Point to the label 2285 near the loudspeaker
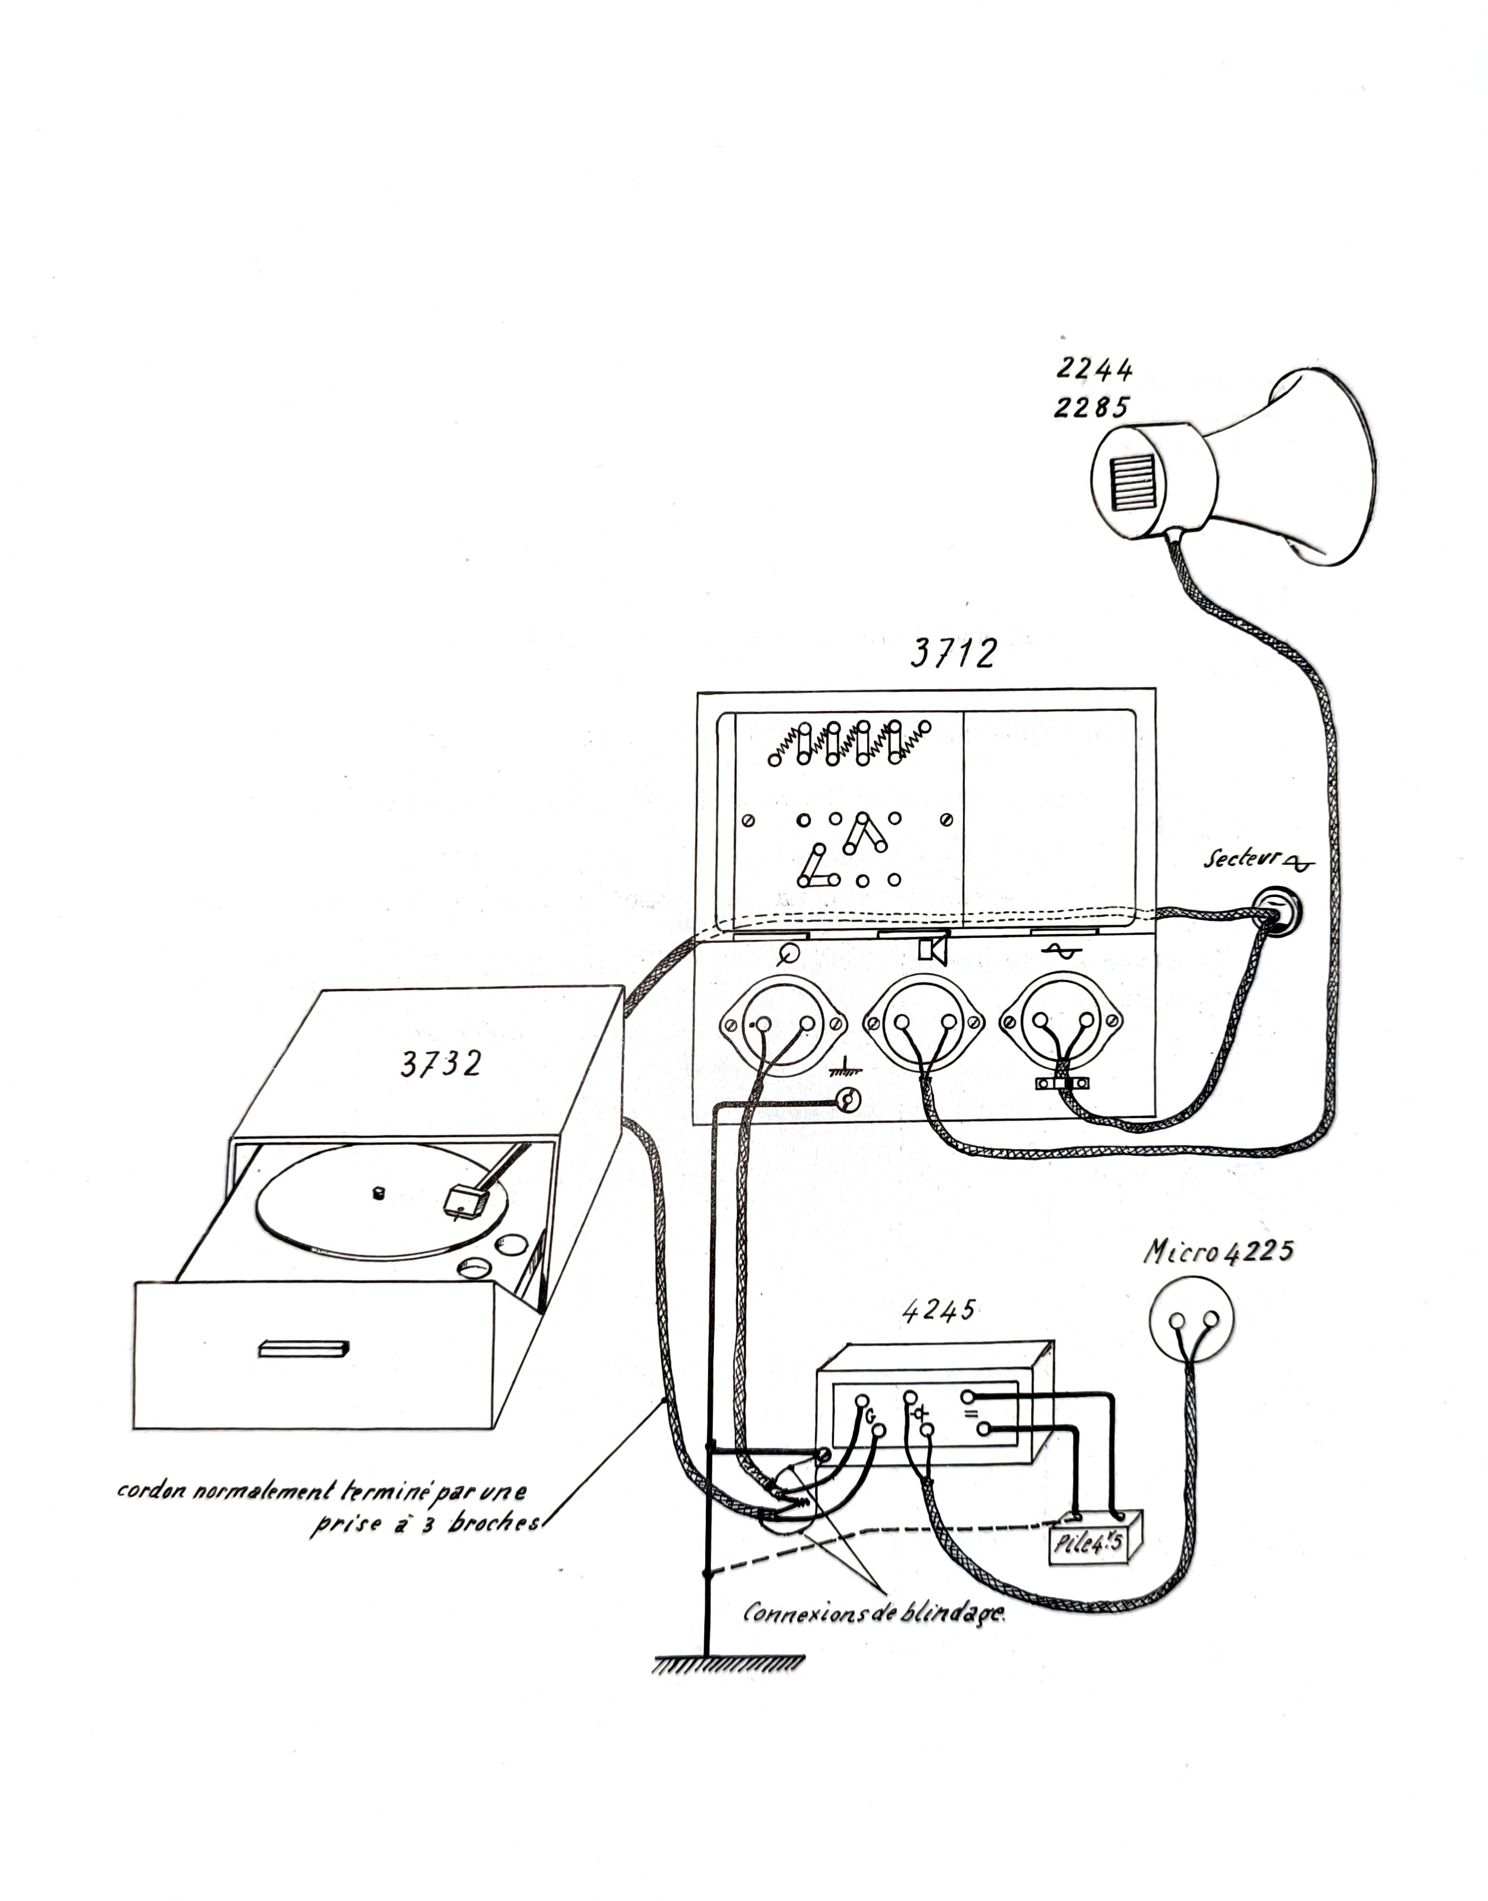click(1091, 407)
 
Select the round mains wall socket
click(1276, 910)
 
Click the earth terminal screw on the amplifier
click(847, 1100)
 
